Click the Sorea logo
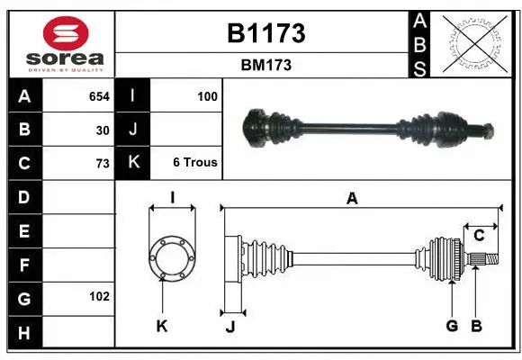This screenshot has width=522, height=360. (x=60, y=45)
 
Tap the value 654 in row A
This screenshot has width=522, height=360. (x=99, y=95)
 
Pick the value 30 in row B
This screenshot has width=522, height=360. (x=103, y=130)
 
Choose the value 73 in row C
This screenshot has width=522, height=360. (x=103, y=164)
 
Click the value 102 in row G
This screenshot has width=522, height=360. (x=99, y=296)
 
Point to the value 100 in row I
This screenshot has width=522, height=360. (x=206, y=95)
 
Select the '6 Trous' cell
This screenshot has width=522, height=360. (x=194, y=163)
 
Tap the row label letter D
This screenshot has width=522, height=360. (x=23, y=196)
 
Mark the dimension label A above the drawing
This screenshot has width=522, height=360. (x=352, y=199)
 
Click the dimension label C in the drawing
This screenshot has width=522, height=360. (x=479, y=236)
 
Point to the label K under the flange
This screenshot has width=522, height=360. (x=162, y=326)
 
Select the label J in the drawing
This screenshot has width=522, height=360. (x=230, y=327)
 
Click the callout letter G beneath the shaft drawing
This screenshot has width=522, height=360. (x=452, y=326)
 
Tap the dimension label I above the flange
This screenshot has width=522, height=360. (x=172, y=198)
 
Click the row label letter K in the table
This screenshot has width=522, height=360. (x=132, y=163)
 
